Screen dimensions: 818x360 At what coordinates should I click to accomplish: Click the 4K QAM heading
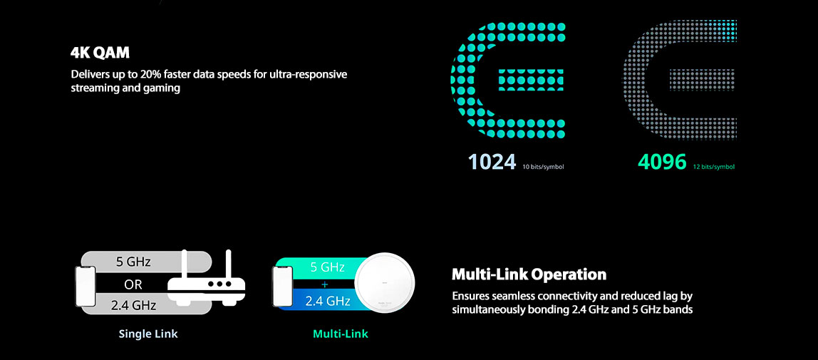pos(100,53)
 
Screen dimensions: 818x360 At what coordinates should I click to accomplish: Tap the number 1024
pos(492,163)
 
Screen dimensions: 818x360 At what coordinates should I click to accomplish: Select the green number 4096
pos(662,163)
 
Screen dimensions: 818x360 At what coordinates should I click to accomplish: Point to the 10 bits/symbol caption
pos(543,167)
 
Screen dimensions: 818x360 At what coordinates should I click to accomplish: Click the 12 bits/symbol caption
pos(714,167)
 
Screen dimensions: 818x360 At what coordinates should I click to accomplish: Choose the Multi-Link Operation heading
pos(529,274)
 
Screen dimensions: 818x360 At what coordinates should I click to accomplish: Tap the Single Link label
pos(148,334)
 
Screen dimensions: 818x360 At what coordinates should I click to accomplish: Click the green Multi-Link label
pos(341,334)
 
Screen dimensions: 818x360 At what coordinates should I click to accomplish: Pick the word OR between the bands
pos(133,285)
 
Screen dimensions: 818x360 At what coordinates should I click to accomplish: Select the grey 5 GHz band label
pos(133,262)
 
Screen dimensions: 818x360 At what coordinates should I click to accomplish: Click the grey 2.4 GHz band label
pos(133,306)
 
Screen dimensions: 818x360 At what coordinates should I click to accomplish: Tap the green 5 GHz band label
pos(328,267)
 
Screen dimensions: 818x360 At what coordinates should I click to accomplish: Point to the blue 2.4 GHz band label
pos(328,301)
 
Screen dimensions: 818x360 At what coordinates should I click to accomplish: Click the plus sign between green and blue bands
pos(325,284)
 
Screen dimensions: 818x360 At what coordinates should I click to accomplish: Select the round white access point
pos(385,283)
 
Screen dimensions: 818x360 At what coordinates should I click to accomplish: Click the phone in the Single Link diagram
pos(86,286)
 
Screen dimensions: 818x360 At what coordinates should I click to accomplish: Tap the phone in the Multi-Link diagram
pos(282,286)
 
